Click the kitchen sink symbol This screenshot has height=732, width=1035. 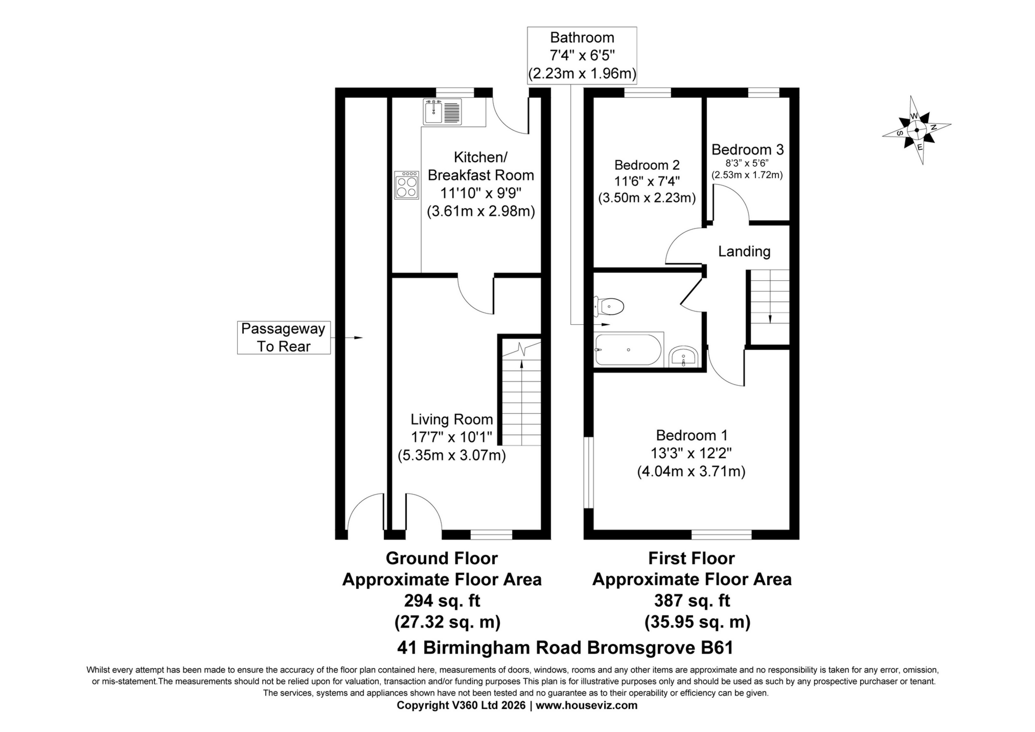click(442, 112)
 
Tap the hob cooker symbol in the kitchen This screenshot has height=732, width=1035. click(406, 185)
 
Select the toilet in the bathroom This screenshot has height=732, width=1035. click(609, 306)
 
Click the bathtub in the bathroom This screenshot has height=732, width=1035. click(628, 349)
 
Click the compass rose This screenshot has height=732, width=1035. click(916, 130)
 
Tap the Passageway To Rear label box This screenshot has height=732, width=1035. click(283, 338)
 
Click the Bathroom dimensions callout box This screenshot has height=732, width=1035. click(582, 55)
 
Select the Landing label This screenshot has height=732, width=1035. click(744, 251)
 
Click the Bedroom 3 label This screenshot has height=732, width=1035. click(747, 149)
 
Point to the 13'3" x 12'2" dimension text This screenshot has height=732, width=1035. click(691, 453)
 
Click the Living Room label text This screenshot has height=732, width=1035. click(451, 419)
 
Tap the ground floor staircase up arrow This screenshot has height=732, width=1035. click(521, 364)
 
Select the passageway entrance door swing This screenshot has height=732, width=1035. click(364, 512)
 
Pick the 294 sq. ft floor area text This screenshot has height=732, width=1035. click(442, 600)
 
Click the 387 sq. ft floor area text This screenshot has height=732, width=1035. click(692, 600)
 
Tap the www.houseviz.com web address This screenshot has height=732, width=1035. click(586, 705)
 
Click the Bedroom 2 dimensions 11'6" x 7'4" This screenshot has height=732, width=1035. click(647, 181)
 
